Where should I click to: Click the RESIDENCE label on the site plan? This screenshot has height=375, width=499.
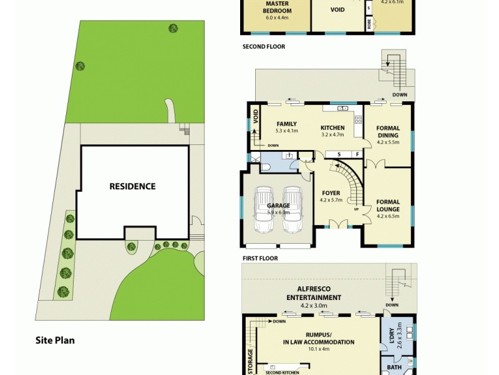click(x=132, y=186)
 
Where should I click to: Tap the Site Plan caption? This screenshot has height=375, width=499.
click(x=55, y=341)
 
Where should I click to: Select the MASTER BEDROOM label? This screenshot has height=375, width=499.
click(x=278, y=7)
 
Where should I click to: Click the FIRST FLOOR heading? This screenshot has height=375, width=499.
click(x=260, y=258)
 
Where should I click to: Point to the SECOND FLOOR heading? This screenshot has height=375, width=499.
click(x=264, y=47)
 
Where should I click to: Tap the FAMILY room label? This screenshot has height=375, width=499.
click(x=286, y=124)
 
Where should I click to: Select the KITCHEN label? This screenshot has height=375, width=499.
click(x=332, y=128)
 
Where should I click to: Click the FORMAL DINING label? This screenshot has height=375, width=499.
click(x=388, y=132)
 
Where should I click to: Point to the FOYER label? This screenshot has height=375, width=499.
click(x=331, y=192)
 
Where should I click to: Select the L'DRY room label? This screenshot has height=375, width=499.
click(x=392, y=337)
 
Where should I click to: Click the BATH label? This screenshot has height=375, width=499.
click(x=394, y=367)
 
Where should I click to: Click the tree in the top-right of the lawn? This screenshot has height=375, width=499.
click(x=173, y=27)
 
